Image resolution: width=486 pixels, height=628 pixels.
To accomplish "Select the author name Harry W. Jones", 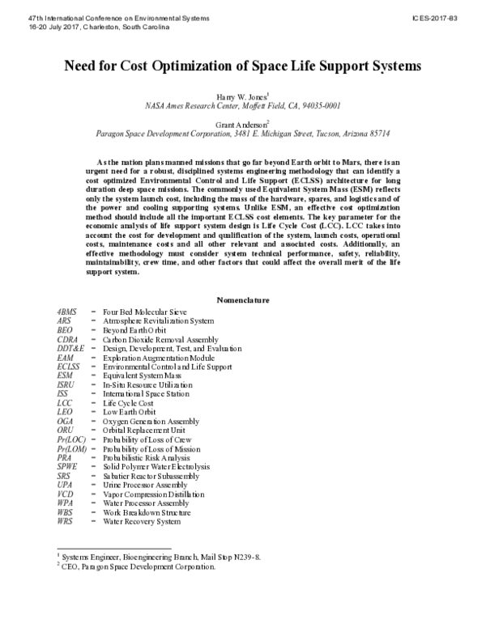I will [242, 96].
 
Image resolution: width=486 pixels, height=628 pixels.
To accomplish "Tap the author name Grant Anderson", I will [242, 124].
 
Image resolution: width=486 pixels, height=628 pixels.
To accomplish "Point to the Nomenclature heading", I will [242, 300].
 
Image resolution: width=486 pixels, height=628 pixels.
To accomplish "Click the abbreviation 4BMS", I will [68, 312].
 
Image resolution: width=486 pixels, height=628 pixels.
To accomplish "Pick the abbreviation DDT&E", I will [70, 348].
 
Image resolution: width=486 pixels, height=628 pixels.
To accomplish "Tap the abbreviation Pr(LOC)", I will [71, 438].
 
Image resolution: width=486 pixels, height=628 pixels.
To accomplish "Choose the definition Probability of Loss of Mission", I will [160, 448].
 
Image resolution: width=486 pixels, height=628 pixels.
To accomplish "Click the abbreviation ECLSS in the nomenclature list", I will [70, 366].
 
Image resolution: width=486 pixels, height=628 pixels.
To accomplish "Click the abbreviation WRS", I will [66, 520].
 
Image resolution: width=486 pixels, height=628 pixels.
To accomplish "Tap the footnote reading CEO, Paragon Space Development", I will [139, 566].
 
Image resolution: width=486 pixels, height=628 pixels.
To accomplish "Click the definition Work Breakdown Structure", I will [147, 511].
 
